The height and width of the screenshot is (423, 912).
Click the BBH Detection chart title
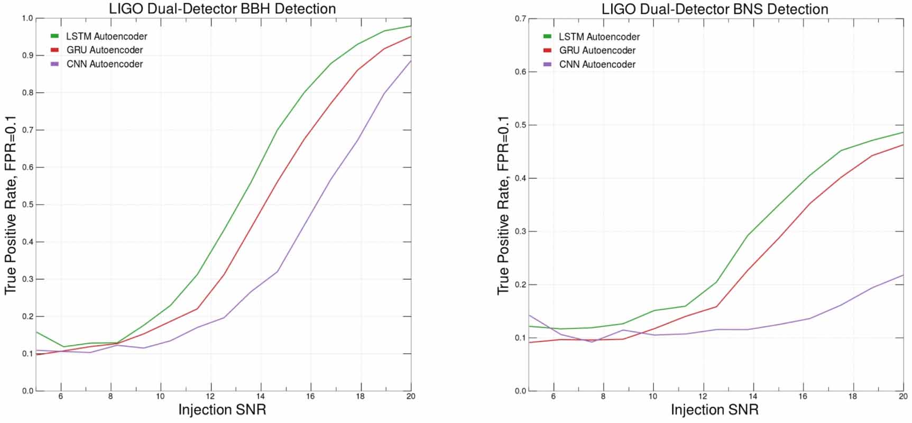[222, 8]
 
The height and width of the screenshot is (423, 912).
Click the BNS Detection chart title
[715, 9]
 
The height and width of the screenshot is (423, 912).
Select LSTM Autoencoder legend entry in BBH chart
[106, 36]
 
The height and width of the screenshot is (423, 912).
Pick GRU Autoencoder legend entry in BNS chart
[597, 50]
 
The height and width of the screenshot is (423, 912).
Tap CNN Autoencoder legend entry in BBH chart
[104, 64]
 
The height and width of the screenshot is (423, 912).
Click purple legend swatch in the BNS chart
[548, 65]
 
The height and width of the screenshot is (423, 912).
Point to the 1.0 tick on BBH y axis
[27, 19]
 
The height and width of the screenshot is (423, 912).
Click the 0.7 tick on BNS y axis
[520, 19]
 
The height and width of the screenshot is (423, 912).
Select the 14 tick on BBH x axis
[261, 396]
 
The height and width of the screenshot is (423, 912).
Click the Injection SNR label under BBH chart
[222, 410]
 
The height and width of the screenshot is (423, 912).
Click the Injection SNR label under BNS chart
[715, 410]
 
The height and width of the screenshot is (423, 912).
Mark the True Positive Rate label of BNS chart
[503, 205]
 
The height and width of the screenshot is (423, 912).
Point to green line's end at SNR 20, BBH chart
[411, 26]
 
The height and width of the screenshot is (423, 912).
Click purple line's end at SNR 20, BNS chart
[903, 275]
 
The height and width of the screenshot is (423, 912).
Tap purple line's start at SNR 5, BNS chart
[529, 315]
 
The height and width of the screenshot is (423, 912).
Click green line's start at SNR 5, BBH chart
[36, 332]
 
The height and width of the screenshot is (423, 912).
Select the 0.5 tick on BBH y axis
[27, 205]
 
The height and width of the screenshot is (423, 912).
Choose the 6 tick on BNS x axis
[553, 396]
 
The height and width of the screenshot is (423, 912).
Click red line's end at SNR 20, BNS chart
[903, 145]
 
